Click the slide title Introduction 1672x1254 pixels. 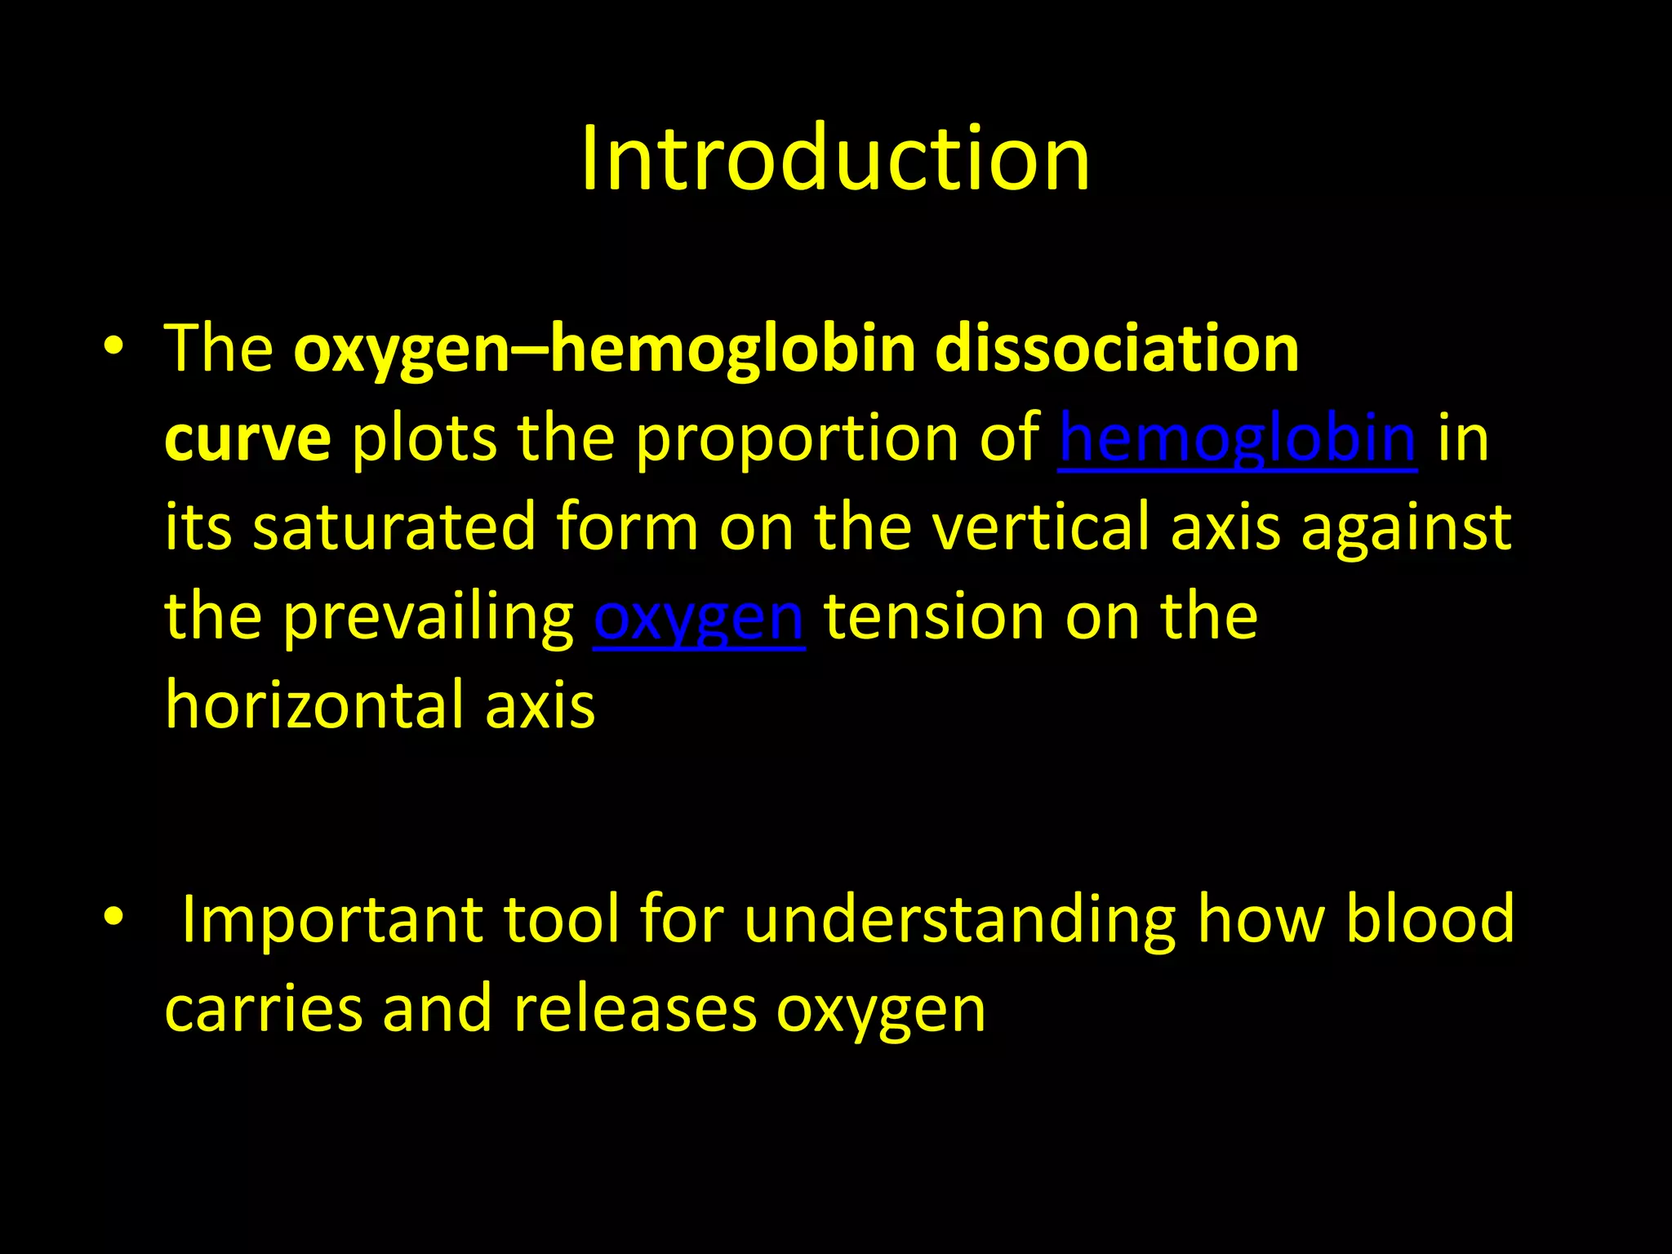pos(835,158)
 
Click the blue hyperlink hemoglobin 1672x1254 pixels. pos(1237,438)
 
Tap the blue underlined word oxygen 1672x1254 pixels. pos(699,618)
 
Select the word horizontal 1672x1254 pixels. pos(314,705)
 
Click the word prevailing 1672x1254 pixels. pos(428,618)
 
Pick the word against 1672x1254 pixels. pos(1406,529)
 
